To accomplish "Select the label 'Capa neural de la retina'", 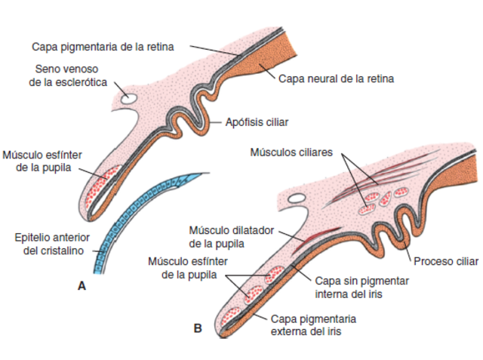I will coord(336,78).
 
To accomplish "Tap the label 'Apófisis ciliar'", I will coord(257,121).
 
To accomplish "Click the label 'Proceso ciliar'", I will coord(445,261).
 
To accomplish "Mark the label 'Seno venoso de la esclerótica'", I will coord(69,75).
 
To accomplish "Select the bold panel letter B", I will coord(198,328).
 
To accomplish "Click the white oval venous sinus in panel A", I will coord(128,98).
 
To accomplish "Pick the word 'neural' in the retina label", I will coord(322,78).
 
